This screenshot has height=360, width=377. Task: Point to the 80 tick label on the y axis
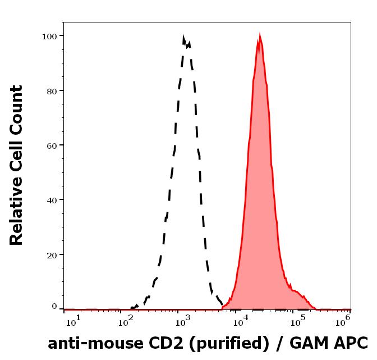point(52,90)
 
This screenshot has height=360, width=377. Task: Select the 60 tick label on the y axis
point(52,145)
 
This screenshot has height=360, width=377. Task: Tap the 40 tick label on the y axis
point(52,199)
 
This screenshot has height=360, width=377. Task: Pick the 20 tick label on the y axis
point(52,254)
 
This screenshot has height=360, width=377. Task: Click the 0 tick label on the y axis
point(54,307)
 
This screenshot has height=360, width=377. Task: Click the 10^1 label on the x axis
point(73,321)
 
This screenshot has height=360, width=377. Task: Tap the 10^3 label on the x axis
point(183,321)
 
